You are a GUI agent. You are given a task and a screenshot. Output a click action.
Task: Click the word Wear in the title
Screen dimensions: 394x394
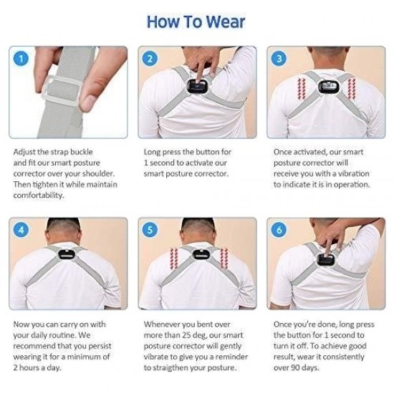[x=225, y=22]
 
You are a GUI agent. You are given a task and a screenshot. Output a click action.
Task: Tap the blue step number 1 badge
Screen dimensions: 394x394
[x=21, y=59]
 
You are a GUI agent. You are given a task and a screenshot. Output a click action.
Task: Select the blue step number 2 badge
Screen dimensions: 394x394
[x=150, y=59]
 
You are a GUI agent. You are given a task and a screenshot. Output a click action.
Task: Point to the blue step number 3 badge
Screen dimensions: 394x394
[x=279, y=59]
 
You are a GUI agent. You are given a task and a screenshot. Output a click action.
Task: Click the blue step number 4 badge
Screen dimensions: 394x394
[x=21, y=230]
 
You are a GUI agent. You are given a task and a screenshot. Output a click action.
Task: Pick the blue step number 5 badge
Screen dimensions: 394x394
[x=150, y=230]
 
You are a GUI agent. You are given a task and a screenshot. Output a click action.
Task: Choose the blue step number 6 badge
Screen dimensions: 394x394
[x=279, y=230]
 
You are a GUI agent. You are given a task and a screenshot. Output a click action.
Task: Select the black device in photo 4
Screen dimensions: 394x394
[x=67, y=254]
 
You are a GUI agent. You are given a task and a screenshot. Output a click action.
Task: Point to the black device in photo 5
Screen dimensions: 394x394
[x=201, y=254]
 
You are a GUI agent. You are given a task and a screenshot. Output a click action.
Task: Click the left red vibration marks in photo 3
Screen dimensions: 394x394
[x=302, y=89]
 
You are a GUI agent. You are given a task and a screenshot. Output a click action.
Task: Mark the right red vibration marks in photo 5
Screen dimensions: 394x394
[x=224, y=259]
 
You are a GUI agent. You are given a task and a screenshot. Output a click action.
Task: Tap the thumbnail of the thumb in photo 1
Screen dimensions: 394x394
[x=89, y=103]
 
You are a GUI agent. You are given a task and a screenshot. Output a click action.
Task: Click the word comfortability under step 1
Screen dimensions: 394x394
[x=39, y=196]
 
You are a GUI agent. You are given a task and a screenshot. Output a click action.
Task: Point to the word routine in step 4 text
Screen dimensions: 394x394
[x=63, y=335]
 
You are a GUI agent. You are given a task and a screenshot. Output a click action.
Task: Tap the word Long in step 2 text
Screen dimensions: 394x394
[x=152, y=153]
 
